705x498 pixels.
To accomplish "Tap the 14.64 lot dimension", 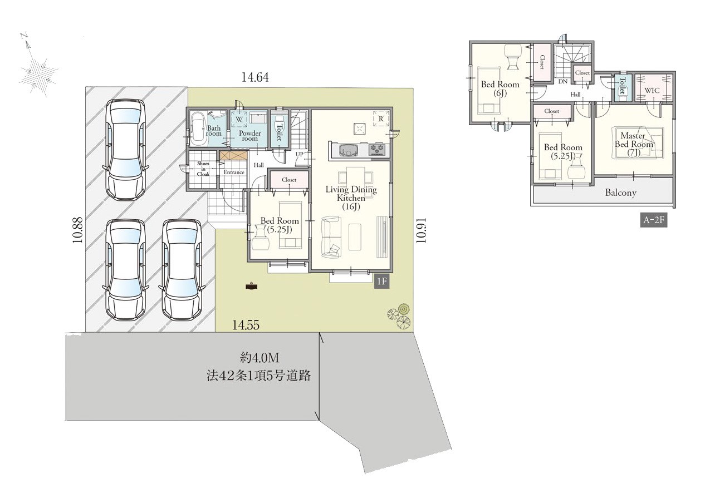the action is click(x=255, y=77).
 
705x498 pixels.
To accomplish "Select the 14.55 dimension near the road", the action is click(x=246, y=325).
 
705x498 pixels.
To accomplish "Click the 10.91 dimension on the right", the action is click(x=420, y=230).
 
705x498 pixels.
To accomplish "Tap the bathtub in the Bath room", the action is click(x=199, y=129).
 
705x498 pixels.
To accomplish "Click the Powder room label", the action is click(x=249, y=136).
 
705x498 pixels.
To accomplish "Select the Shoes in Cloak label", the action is click(x=203, y=169).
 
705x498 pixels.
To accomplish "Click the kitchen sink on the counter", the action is click(x=348, y=150).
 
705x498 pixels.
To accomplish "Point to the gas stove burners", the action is click(x=377, y=149).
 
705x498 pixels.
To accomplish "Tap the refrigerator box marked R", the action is click(x=380, y=119).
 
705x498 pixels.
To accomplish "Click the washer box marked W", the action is click(x=239, y=120).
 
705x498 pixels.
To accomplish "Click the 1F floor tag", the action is click(x=382, y=281).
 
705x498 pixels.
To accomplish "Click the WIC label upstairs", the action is click(x=652, y=91).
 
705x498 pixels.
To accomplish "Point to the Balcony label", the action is click(x=621, y=193).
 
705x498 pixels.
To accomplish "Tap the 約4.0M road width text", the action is click(x=260, y=357).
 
